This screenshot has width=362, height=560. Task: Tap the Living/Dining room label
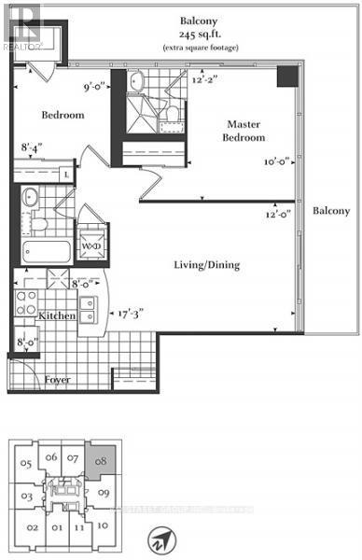(x=208, y=265)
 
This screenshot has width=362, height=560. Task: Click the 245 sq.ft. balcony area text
(x=200, y=33)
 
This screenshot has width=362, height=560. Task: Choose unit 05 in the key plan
(x=28, y=463)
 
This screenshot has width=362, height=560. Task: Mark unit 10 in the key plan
(x=103, y=525)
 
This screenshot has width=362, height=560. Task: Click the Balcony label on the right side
(x=331, y=211)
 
